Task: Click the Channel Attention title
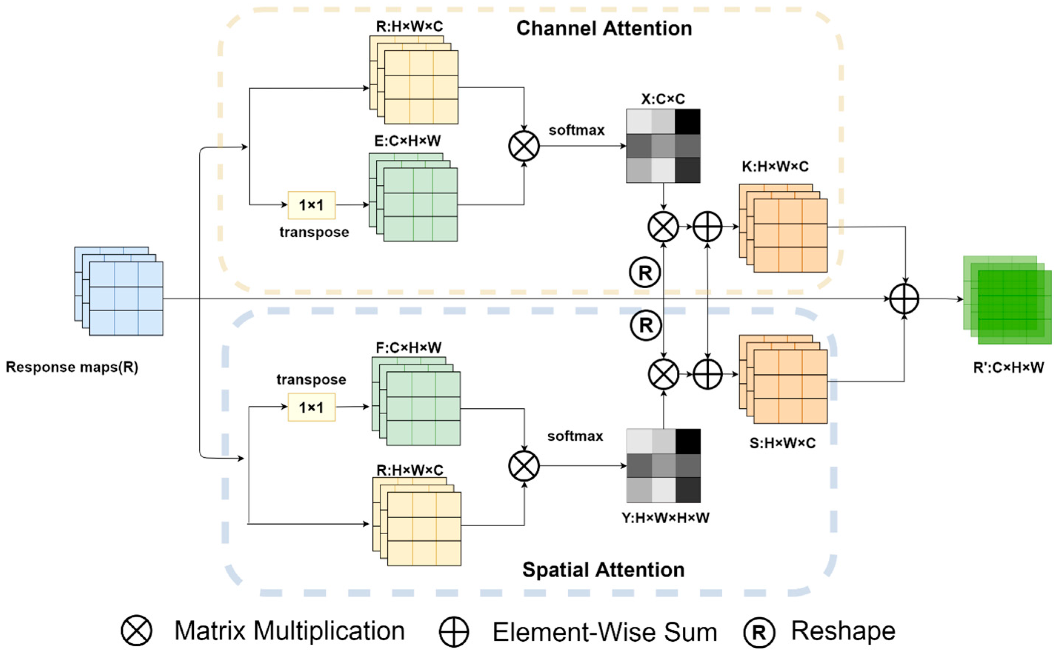(x=603, y=29)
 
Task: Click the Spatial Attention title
(x=603, y=570)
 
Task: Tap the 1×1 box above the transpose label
(x=311, y=205)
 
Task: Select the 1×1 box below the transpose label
(x=311, y=407)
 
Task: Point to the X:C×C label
(x=663, y=99)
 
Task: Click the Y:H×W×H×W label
(x=665, y=518)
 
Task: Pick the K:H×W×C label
(x=775, y=166)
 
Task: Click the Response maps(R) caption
(x=72, y=367)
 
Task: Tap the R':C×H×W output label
(x=1008, y=368)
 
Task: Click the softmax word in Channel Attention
(x=576, y=130)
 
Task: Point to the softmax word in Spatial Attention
(x=575, y=436)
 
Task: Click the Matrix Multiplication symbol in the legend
(x=136, y=631)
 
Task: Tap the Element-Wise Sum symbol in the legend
(x=453, y=632)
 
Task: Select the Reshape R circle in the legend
(x=759, y=632)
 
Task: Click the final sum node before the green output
(x=904, y=298)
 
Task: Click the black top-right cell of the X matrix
(x=688, y=121)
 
